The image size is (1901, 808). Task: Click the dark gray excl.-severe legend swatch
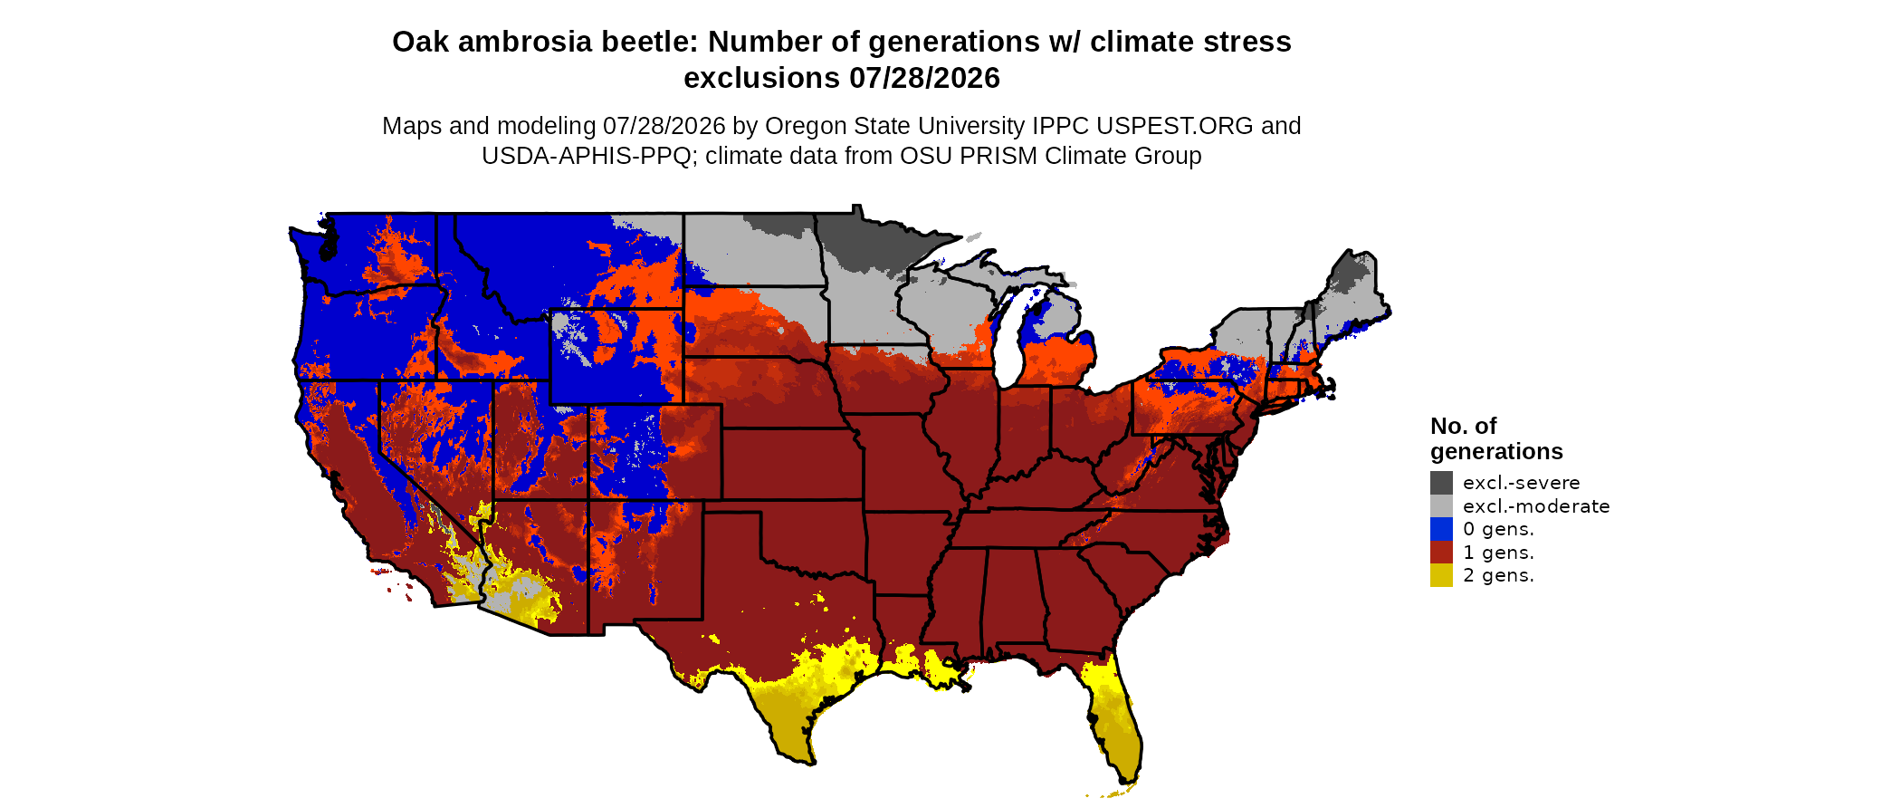[1441, 483]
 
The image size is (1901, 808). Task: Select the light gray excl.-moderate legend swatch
[1441, 506]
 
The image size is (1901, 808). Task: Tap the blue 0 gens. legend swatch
[1441, 529]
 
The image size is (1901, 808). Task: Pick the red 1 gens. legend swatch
[1441, 553]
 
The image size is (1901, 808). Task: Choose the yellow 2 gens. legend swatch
[1441, 575]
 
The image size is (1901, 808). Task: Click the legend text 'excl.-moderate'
[1536, 506]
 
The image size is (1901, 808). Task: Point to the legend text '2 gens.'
[1498, 576]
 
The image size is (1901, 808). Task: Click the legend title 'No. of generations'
[1496, 438]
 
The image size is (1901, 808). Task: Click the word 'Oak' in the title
[420, 42]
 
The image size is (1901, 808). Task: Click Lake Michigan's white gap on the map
[1008, 349]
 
